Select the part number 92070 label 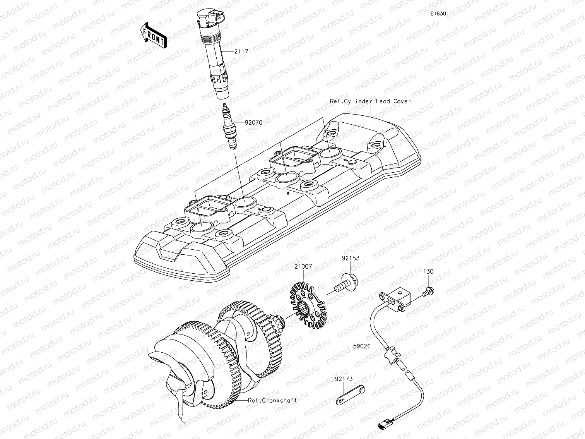click(253, 122)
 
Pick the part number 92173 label click(344, 379)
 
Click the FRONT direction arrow click(153, 35)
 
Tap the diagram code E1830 click(438, 14)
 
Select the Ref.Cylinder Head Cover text click(370, 101)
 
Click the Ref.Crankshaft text click(272, 401)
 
